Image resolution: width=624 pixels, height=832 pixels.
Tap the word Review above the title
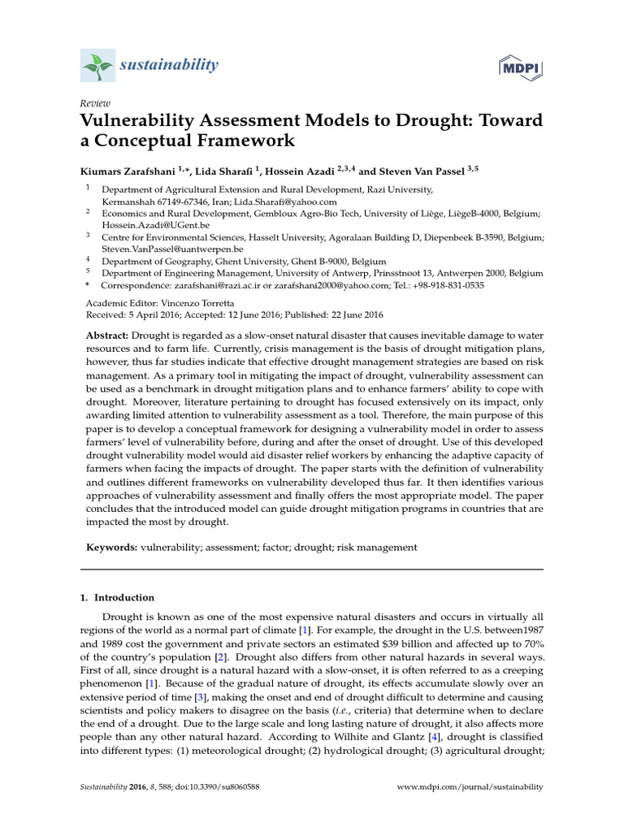(94, 103)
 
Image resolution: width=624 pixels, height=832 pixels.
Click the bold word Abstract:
(107, 336)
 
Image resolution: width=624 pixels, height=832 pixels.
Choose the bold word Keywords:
(112, 548)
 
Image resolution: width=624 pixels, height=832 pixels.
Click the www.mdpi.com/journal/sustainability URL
(469, 787)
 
